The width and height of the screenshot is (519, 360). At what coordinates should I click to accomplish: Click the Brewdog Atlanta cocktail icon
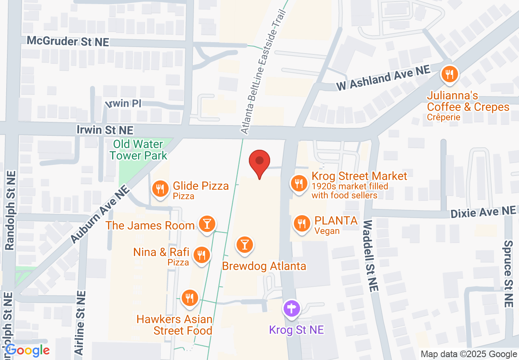(x=245, y=244)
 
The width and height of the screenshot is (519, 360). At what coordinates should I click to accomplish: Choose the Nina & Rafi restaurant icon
(x=201, y=254)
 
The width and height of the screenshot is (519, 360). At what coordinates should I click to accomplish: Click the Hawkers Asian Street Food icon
(x=189, y=297)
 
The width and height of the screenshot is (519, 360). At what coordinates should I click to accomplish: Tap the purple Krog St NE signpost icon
(x=292, y=308)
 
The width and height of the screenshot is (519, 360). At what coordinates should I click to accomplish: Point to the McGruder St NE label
(x=68, y=41)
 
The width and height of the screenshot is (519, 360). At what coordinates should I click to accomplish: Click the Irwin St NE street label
(x=105, y=130)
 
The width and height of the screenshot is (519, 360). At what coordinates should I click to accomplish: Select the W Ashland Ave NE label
(x=384, y=79)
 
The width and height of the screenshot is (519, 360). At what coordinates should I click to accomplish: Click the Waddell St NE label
(x=369, y=256)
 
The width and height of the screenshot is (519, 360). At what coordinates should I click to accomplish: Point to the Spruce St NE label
(x=508, y=274)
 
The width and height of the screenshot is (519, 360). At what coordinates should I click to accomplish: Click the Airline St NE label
(x=80, y=322)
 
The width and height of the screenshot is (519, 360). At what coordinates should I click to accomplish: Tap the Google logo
(x=27, y=350)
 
